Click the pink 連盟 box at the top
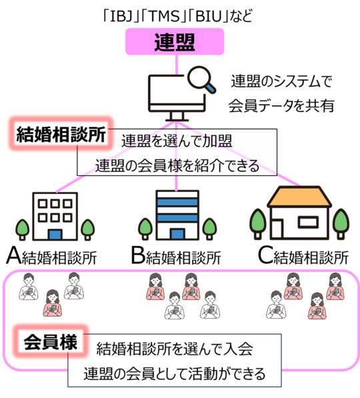click(x=175, y=41)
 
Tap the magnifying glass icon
click(x=201, y=79)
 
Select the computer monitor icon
click(x=177, y=98)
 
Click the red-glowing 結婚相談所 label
click(x=61, y=134)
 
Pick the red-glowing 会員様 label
click(x=51, y=342)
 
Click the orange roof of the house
click(x=299, y=197)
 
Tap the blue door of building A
click(x=55, y=235)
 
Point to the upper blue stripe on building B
click(x=177, y=202)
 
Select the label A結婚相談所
click(x=51, y=257)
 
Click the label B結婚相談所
click(x=176, y=257)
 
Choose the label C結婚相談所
click(x=303, y=257)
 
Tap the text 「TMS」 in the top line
click(x=164, y=16)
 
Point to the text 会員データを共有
click(x=281, y=106)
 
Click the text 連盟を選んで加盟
click(x=177, y=141)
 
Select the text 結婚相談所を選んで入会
click(x=175, y=349)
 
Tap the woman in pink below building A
click(x=52, y=303)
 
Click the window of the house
click(x=308, y=222)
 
